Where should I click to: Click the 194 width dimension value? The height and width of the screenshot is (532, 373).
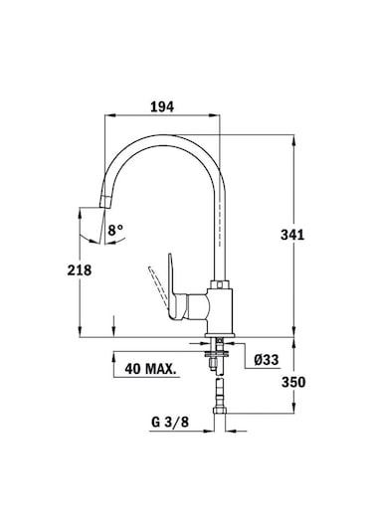click(163, 103)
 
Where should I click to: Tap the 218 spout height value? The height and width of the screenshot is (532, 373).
click(81, 270)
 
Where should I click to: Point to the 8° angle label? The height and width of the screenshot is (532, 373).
click(116, 231)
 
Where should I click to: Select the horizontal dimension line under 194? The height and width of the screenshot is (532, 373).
click(163, 117)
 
